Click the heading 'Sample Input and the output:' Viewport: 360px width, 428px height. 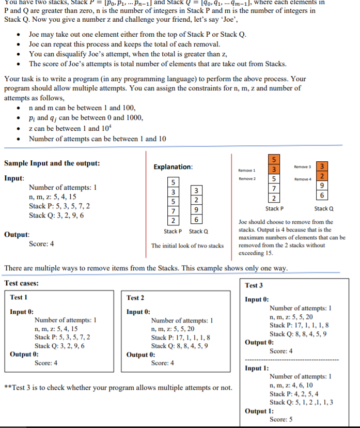coord(52,163)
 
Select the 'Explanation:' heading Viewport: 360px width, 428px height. coord(173,167)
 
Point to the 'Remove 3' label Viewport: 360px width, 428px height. coord(302,167)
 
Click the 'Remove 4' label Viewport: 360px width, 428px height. coord(302,178)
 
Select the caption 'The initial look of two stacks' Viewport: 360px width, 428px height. coord(187,246)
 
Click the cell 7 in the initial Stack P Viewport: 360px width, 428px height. coord(174,211)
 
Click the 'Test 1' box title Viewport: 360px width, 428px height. coord(19,297)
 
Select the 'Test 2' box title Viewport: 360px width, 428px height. coord(135,297)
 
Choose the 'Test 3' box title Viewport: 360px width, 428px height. coord(254,285)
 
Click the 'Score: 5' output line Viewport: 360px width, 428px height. coord(281,419)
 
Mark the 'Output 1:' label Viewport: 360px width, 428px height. coord(259,411)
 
